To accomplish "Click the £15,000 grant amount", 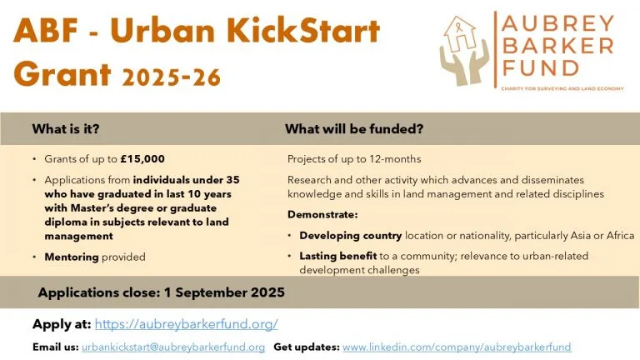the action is coord(142,159).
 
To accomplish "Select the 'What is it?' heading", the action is coord(66,129).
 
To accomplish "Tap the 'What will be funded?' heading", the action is coord(354,129).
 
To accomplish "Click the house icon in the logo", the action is coord(460,33).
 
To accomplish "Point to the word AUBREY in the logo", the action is coord(557,23).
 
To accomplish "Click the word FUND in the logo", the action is coord(540,68).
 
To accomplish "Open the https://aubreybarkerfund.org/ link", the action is coord(186,324).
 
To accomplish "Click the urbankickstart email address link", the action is coord(173,347).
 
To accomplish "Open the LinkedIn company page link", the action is coord(457,347).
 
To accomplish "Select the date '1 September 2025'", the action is coord(224,292).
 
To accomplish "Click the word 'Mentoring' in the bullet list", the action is coord(72,257).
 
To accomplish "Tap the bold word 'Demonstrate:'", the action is coord(322,215).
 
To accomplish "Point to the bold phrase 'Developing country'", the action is coord(351,236).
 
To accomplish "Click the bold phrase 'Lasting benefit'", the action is coord(338,256).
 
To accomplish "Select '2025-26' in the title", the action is coord(172,77).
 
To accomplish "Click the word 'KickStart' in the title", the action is coord(306,31).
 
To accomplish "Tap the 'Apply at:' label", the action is coord(62,324).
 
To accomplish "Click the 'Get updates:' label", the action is coord(307,347).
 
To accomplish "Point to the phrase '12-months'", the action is coord(395,159).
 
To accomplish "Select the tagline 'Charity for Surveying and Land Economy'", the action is coord(562,88).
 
